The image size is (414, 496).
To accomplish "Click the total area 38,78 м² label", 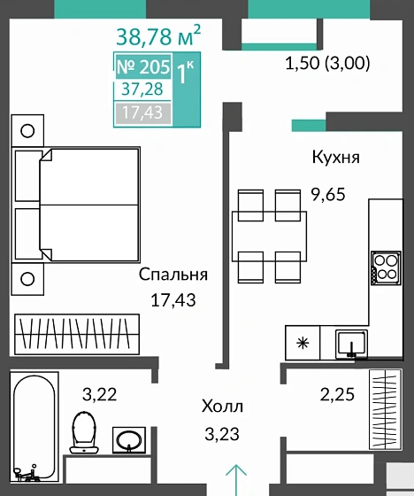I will tap(158, 36).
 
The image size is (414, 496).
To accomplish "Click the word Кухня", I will tap(335, 158).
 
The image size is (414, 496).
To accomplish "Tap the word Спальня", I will tap(173, 275).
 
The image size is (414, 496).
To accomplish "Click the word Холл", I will tap(220, 407).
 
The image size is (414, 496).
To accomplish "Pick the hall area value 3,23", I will tap(220, 434).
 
